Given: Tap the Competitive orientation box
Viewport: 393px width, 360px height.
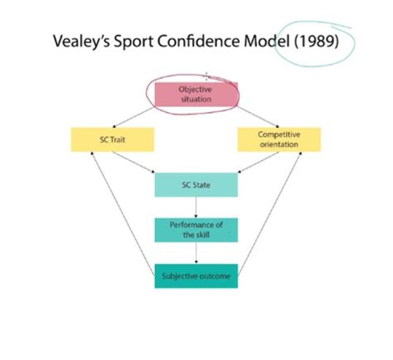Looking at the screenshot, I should tap(278, 140).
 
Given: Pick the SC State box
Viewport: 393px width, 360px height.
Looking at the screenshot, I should tap(196, 185).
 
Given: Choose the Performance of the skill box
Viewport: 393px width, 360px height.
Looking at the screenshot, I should tap(196, 230).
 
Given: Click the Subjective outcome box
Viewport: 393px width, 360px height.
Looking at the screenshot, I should tap(196, 276).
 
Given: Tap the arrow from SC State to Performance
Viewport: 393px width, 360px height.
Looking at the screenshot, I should tap(196, 208).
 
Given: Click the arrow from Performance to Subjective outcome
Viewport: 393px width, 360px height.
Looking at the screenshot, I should tap(196, 253).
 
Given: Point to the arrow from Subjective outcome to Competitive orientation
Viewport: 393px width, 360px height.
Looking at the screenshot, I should tap(270, 213).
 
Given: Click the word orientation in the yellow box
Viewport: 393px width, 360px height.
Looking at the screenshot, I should tap(278, 145).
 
